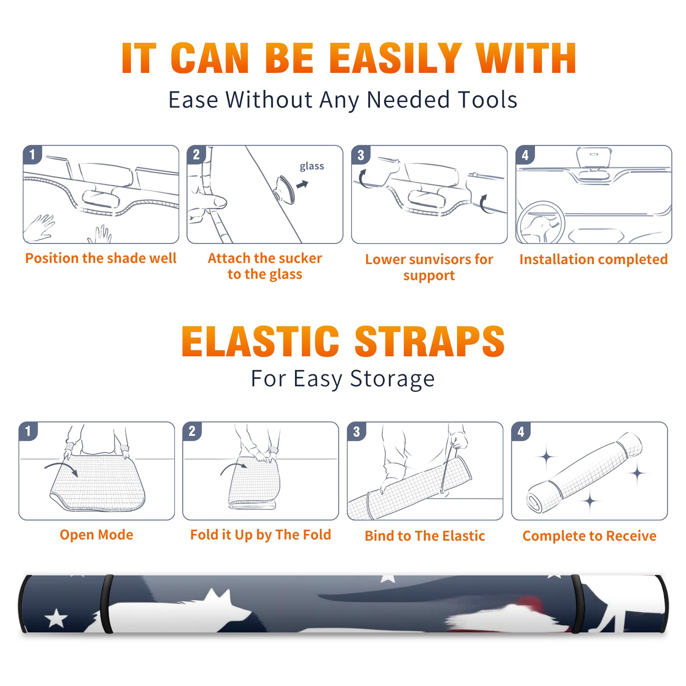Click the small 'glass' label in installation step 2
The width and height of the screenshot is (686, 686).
coord(312,166)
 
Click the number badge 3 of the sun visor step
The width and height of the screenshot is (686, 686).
coord(361,155)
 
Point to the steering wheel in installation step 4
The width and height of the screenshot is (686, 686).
coord(541,223)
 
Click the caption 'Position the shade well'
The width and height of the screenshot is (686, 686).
coord(101,258)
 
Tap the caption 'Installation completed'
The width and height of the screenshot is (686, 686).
coord(593,259)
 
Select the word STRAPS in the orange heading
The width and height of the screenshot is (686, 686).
coord(430,341)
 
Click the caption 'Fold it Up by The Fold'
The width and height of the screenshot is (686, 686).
coord(261,535)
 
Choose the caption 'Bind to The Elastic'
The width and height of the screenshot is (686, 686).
coord(425,536)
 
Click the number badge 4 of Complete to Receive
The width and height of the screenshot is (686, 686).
coord(521,431)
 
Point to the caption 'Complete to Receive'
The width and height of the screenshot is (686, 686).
coord(590,536)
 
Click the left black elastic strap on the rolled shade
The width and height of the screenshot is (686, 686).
coord(107,604)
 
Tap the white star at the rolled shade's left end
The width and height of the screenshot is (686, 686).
coord(57,619)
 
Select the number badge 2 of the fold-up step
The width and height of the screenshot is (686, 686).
coord(192,431)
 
